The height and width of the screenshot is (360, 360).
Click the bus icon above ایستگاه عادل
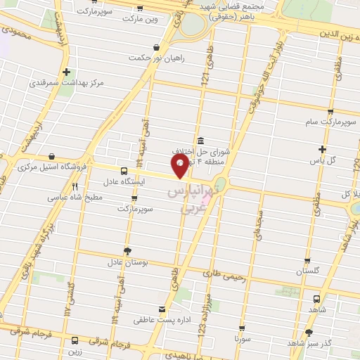point(124,171)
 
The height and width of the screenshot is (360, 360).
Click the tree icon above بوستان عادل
point(127,251)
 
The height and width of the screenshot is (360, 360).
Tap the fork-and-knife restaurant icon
point(75,187)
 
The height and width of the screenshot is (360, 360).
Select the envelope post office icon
point(163,309)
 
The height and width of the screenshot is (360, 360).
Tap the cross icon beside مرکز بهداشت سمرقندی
point(66,72)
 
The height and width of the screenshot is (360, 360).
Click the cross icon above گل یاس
point(323,149)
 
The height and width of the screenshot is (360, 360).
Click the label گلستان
point(308,271)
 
